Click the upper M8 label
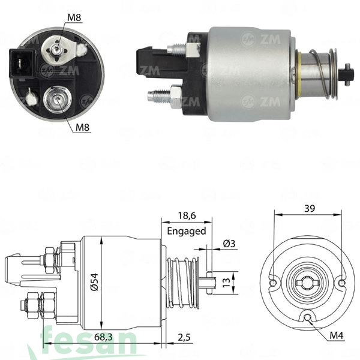[x=74, y=17]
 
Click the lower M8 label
[x=83, y=127]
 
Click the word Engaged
[x=186, y=230]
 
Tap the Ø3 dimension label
[x=229, y=243]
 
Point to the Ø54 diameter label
[x=95, y=278]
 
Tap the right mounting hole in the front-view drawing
[x=341, y=283]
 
